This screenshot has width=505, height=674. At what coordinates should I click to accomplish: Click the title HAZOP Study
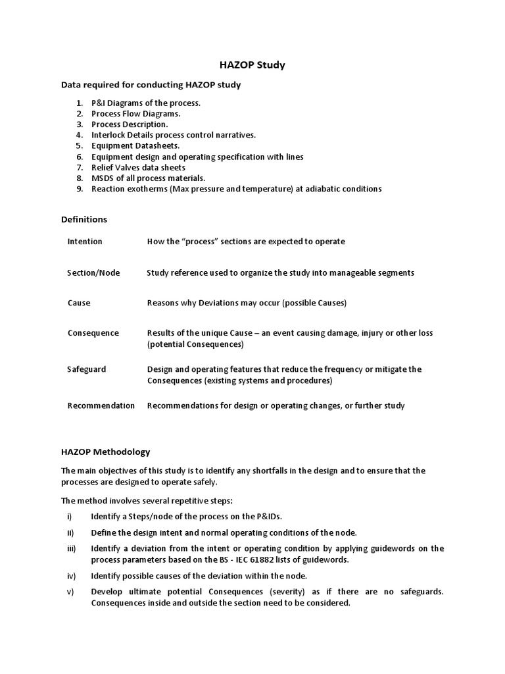point(252,65)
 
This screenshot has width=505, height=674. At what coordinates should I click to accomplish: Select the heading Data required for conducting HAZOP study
point(151,85)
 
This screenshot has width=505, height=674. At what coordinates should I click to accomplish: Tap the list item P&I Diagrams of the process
point(145,103)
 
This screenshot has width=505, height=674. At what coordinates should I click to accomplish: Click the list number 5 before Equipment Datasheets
point(79,145)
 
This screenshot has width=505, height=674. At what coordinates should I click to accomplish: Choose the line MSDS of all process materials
point(148,178)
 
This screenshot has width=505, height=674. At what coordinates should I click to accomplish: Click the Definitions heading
point(84,219)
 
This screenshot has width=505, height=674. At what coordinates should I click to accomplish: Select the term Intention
point(85,242)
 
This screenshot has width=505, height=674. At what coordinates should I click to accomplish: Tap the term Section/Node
point(93,272)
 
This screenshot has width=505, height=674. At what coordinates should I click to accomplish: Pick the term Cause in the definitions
point(79,303)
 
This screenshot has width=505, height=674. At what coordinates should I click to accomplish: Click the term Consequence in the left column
point(93,333)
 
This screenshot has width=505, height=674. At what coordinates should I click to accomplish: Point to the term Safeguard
point(87,369)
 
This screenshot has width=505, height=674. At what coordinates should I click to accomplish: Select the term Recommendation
point(101,405)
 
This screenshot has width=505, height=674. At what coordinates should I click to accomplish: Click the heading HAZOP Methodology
point(106,452)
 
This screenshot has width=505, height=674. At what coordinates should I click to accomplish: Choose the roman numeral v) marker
point(70,591)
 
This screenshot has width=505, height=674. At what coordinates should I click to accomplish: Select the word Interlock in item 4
point(108,135)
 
